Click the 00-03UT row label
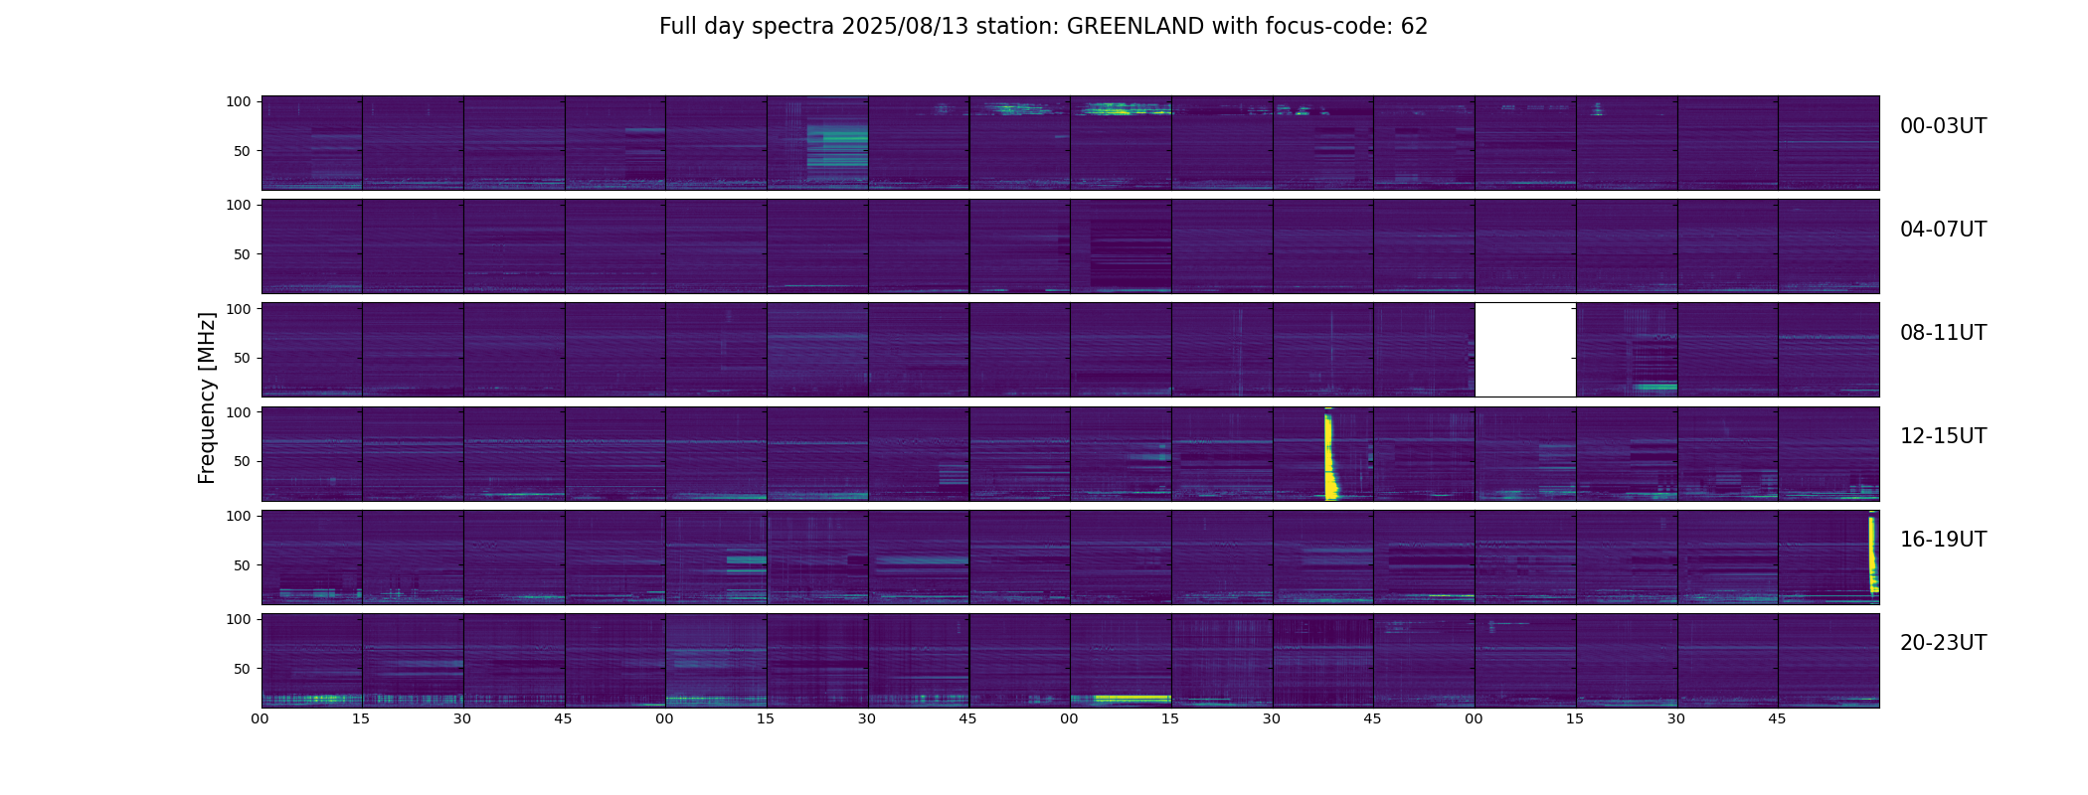click(x=1943, y=126)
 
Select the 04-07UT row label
click(x=1943, y=230)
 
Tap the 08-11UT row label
click(x=1943, y=333)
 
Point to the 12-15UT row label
click(x=1943, y=436)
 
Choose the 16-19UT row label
click(x=1943, y=540)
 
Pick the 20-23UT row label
click(x=1943, y=643)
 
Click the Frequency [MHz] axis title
click(x=207, y=397)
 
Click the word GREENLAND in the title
click(x=1135, y=27)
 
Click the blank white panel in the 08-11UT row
click(x=1525, y=350)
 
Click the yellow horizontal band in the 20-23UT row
click(x=1122, y=698)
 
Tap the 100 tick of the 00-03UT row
click(x=239, y=101)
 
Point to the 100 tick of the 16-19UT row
click(x=239, y=516)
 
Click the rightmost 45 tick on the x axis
click(x=1778, y=718)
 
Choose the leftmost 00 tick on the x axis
click(x=261, y=718)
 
